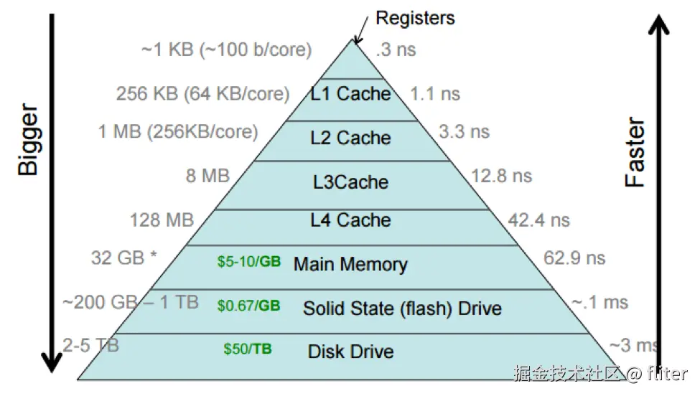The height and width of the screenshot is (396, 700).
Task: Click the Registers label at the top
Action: click(415, 17)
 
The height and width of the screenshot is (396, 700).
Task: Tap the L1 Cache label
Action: click(350, 93)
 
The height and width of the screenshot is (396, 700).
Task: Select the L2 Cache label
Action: click(350, 138)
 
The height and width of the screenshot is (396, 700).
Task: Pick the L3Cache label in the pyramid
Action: click(350, 181)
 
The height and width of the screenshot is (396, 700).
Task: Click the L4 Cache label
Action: click(350, 220)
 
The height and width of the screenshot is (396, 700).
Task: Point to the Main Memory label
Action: click(350, 264)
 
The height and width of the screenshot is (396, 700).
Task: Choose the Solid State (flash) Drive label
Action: click(402, 308)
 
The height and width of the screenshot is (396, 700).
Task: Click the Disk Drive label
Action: click(350, 352)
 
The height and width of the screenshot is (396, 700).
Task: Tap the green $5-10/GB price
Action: click(248, 262)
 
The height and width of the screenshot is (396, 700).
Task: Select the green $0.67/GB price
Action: click(248, 306)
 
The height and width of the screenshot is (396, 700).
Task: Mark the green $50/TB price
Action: click(248, 349)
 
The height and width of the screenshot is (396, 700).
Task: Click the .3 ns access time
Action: click(396, 50)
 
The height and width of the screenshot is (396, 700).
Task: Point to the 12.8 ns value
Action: click(502, 175)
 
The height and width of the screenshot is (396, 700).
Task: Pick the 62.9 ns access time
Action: click(574, 258)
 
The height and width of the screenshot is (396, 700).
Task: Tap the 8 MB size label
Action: click(207, 175)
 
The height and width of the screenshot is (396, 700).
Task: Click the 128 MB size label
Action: click(162, 220)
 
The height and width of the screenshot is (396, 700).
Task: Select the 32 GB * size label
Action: click(124, 258)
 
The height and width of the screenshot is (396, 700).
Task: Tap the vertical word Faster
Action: click(635, 153)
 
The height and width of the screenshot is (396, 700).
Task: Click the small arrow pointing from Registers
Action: click(360, 29)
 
